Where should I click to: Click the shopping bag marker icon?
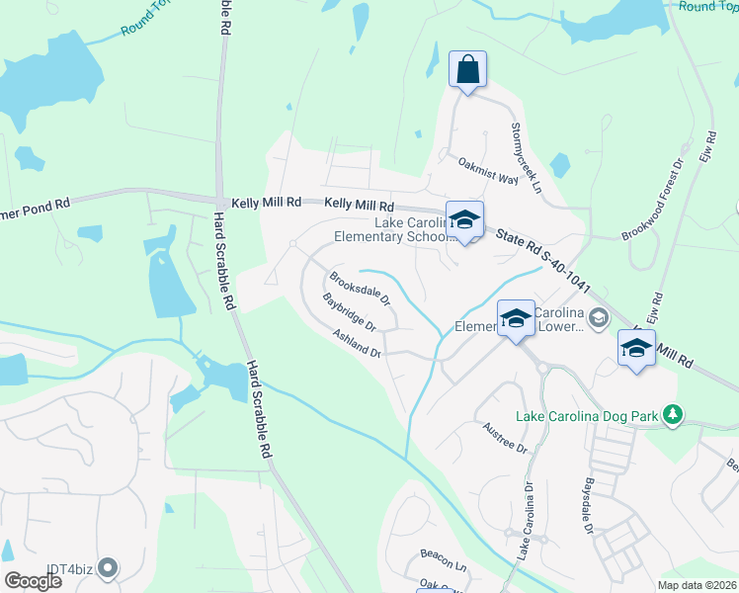tap(467, 69)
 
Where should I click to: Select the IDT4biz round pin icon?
tap(109, 568)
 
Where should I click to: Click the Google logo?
tap(33, 581)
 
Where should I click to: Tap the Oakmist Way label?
tap(486, 168)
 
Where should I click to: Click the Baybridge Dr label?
tap(349, 311)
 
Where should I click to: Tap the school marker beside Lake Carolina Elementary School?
tap(464, 220)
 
